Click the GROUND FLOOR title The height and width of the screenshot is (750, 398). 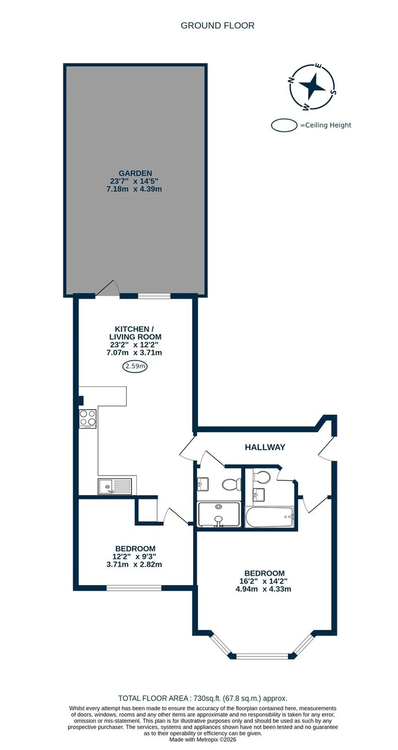click(218, 26)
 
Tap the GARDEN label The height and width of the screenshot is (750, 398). click(135, 173)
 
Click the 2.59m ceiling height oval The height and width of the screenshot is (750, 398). click(135, 367)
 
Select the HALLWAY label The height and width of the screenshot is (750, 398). click(265, 447)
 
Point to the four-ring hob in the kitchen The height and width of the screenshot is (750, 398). click(88, 419)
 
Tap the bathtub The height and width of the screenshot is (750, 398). click(269, 517)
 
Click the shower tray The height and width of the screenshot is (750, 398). click(219, 514)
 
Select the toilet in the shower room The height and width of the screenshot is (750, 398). click(231, 484)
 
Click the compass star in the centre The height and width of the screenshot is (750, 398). click(312, 86)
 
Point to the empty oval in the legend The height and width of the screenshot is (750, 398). click(284, 125)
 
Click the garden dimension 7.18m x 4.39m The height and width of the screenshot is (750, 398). click(134, 189)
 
